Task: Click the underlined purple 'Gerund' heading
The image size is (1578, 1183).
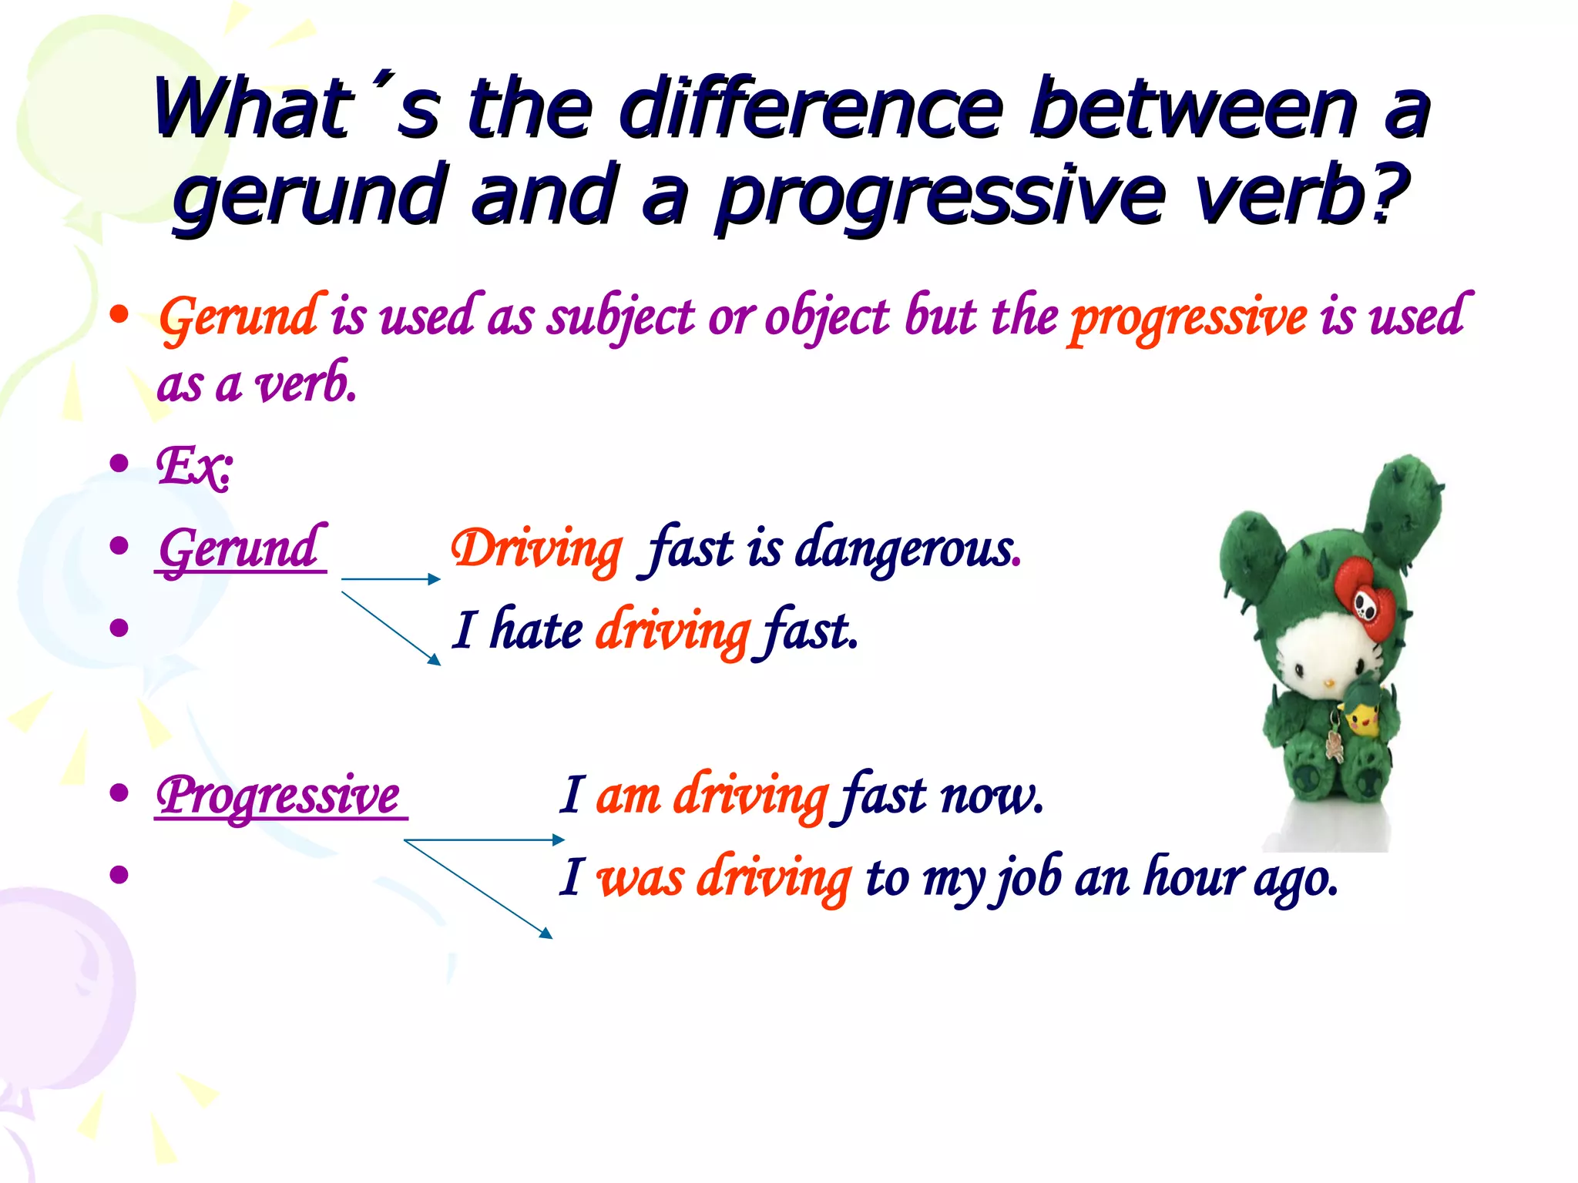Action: [x=239, y=548]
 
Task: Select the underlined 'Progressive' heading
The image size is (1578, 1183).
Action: [x=279, y=795]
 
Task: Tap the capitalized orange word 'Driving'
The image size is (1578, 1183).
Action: [x=536, y=550]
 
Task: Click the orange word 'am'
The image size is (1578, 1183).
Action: [x=627, y=796]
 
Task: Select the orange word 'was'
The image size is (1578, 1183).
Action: [x=640, y=878]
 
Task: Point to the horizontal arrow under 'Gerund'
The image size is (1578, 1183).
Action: [x=390, y=578]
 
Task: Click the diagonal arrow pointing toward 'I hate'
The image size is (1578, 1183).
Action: [x=391, y=628]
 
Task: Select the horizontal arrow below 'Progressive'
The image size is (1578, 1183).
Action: [x=484, y=839]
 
